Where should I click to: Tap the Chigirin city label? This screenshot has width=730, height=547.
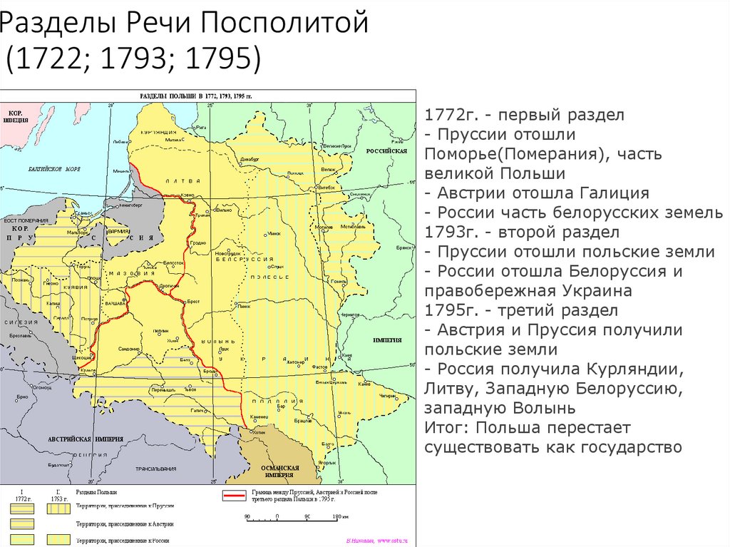click(386, 394)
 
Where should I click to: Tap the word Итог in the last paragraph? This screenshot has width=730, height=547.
click(445, 428)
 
